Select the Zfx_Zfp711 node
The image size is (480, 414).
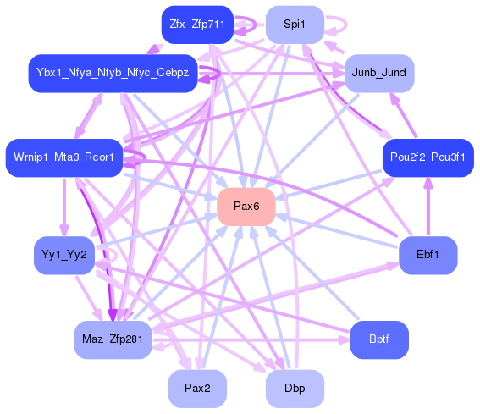(x=196, y=25)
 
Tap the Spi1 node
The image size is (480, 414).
(x=295, y=25)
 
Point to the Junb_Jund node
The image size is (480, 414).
(x=378, y=74)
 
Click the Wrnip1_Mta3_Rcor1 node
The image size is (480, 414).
(x=64, y=158)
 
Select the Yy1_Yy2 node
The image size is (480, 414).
(x=64, y=255)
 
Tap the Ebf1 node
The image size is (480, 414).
(x=428, y=255)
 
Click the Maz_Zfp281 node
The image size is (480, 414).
(x=113, y=339)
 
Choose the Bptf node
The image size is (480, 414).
(x=378, y=339)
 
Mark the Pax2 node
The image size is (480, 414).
(x=196, y=388)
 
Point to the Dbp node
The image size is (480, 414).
(x=295, y=388)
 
